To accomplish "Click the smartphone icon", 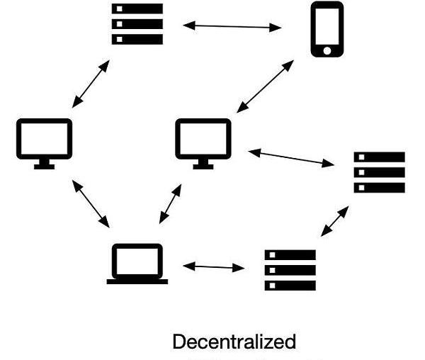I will point(327,28).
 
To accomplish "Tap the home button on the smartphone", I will point(327,50).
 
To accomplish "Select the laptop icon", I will point(137,264).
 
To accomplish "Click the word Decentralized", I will point(234,342).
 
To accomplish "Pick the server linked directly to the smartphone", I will point(137,23).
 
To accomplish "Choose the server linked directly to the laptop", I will point(290,269).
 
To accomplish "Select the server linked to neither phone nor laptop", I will point(379,172).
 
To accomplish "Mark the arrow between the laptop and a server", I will point(213,267).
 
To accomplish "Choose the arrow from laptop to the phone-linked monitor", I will point(170,204).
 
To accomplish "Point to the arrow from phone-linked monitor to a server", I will point(290,157).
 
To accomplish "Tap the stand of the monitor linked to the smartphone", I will point(203,164).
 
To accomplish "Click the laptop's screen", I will point(137,260).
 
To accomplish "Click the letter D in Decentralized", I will point(178,342).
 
